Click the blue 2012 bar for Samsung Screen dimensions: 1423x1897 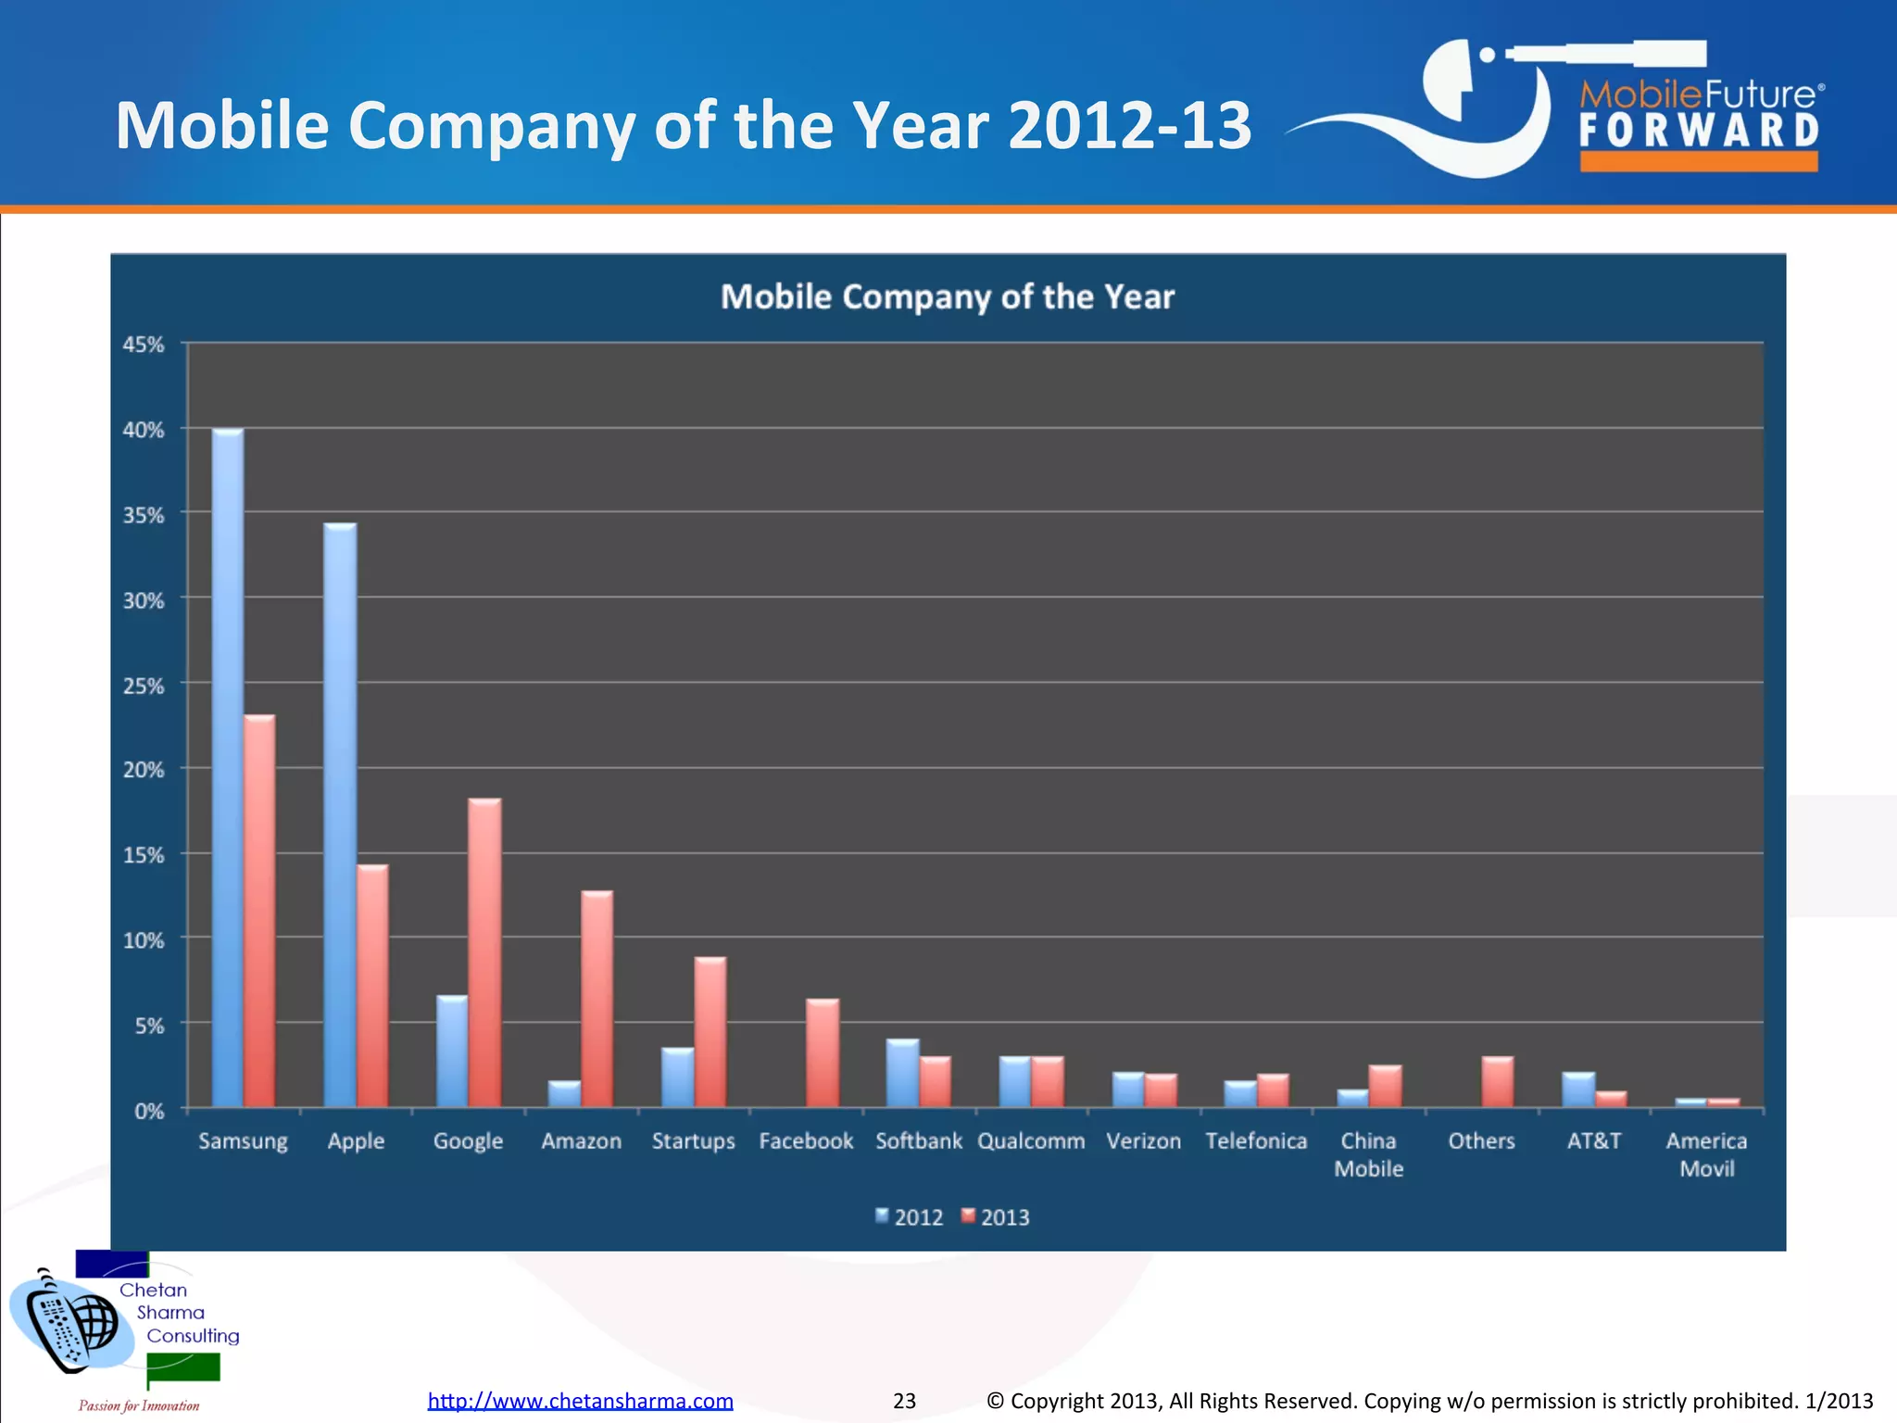pos(228,769)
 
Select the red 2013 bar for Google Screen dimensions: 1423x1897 pos(484,954)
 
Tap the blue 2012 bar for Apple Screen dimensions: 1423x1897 pos(340,815)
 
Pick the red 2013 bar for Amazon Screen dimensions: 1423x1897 pos(597,1001)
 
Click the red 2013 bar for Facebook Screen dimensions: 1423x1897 pos(823,1053)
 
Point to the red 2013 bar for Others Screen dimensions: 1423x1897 pos(1498,1082)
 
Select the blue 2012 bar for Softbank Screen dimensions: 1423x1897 pos(902,1074)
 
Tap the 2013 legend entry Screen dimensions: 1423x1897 pos(996,1217)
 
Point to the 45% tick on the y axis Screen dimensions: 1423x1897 pos(144,345)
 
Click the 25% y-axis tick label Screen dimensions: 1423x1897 pos(144,686)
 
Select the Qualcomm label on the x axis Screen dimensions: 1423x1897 pos(1031,1141)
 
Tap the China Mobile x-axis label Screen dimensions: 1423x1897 pos(1368,1154)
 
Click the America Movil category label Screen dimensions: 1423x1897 pos(1706,1154)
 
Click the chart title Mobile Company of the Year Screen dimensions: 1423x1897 pos(948,297)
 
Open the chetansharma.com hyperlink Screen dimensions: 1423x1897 pos(580,1401)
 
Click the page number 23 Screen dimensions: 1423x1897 pos(904,1401)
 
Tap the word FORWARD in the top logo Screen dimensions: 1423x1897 pos(1699,131)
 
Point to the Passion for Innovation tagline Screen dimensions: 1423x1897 pos(139,1405)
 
